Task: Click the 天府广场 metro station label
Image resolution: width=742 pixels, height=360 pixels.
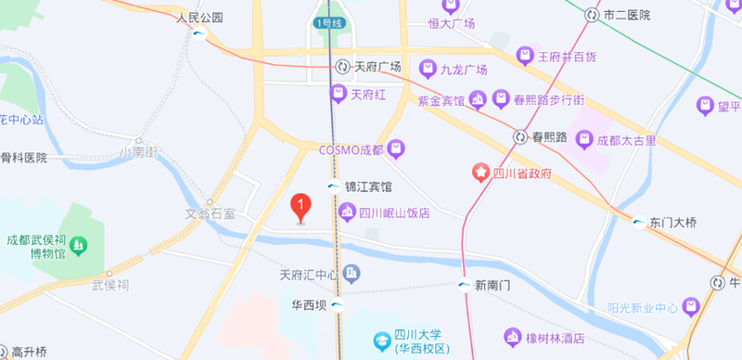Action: (376, 67)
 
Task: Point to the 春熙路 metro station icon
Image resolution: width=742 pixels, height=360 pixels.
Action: (520, 136)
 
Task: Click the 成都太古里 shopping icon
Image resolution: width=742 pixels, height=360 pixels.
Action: (584, 140)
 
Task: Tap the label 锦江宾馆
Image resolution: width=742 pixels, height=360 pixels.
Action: (368, 186)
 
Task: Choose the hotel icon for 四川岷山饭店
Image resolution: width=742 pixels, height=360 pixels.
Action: (347, 213)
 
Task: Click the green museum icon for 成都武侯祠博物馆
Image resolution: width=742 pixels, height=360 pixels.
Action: (79, 246)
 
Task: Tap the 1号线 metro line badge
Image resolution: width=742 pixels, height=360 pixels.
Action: (327, 22)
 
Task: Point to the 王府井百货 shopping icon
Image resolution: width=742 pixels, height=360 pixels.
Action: (526, 57)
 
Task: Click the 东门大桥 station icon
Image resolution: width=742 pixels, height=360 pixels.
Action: (639, 222)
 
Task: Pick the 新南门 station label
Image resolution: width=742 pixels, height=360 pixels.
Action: (493, 285)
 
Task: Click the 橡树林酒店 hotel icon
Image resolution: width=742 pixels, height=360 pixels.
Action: (512, 336)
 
